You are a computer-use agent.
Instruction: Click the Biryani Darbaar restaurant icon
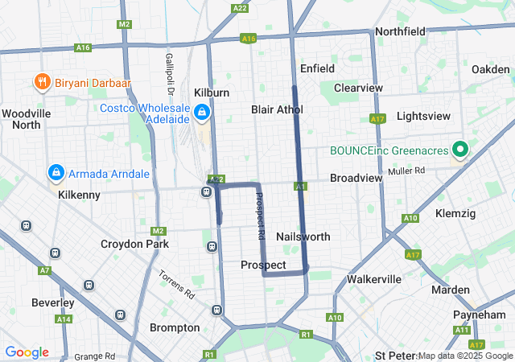click(x=39, y=81)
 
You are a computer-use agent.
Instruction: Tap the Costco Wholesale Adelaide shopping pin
click(x=202, y=112)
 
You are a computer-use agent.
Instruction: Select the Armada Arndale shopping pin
click(x=56, y=173)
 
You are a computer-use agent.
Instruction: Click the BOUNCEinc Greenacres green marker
click(x=460, y=150)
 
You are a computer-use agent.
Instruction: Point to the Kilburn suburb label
click(x=212, y=93)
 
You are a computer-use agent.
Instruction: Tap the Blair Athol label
click(x=277, y=109)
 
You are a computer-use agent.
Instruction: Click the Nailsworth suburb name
click(x=303, y=237)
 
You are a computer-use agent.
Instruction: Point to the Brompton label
click(x=175, y=327)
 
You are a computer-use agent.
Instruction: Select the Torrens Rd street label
click(x=176, y=284)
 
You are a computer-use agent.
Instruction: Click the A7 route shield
click(x=44, y=270)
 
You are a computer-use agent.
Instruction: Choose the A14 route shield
click(x=64, y=319)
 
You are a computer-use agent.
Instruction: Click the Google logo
click(x=27, y=352)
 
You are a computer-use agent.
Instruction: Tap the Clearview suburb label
click(x=358, y=87)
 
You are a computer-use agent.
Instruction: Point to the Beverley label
click(x=52, y=303)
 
